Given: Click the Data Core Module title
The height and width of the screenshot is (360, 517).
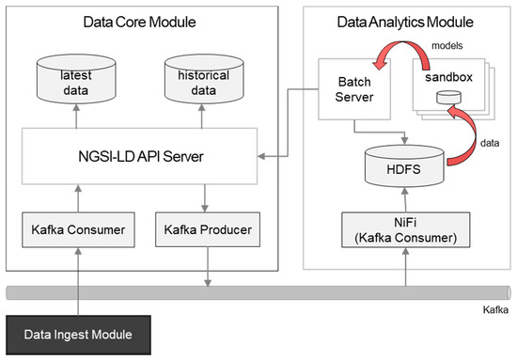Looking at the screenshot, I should point(142,21).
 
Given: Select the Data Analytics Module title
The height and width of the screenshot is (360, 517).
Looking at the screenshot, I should point(404,21).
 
